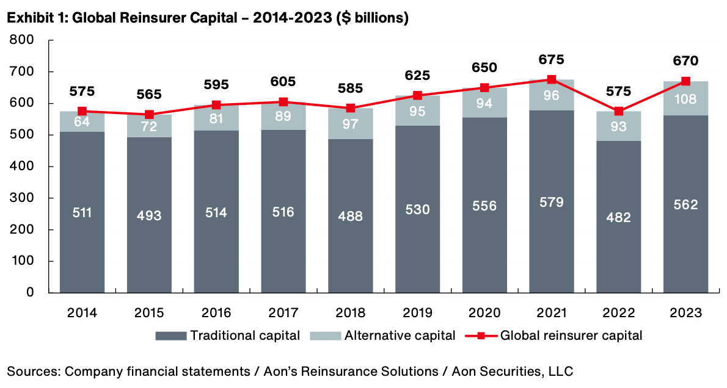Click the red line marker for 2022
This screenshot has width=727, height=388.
pyautogui.click(x=619, y=111)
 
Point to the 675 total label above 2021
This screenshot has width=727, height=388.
pyautogui.click(x=552, y=60)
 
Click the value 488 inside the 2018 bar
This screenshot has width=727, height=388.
pyautogui.click(x=350, y=216)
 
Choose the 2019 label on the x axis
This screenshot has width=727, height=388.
pyautogui.click(x=417, y=313)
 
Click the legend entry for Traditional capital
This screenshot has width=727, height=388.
pyautogui.click(x=227, y=335)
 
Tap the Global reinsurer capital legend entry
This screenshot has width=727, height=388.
pyautogui.click(x=554, y=335)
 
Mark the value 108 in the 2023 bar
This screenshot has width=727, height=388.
pyautogui.click(x=686, y=99)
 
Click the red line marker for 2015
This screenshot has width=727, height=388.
pyautogui.click(x=149, y=114)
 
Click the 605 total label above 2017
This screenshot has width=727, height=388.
pyautogui.click(x=283, y=82)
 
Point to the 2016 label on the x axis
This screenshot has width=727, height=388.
pyautogui.click(x=216, y=313)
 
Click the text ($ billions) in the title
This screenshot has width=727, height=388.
pyautogui.click(x=372, y=18)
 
